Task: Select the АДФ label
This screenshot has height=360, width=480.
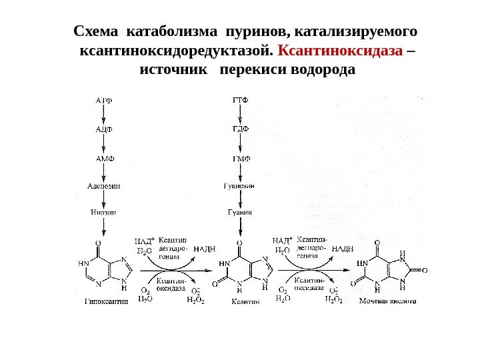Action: point(104,129)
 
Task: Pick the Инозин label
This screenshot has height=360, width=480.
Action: point(104,213)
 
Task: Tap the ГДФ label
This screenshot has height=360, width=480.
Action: point(239,129)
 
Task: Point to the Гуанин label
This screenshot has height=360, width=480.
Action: point(239,213)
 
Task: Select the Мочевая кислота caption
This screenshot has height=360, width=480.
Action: point(387,301)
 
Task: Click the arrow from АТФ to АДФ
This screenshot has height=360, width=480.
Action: point(104,115)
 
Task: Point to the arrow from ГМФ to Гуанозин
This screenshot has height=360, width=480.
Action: point(239,173)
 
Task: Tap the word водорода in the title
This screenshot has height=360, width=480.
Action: point(320,70)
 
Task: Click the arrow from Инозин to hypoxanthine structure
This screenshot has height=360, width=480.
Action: point(104,227)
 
